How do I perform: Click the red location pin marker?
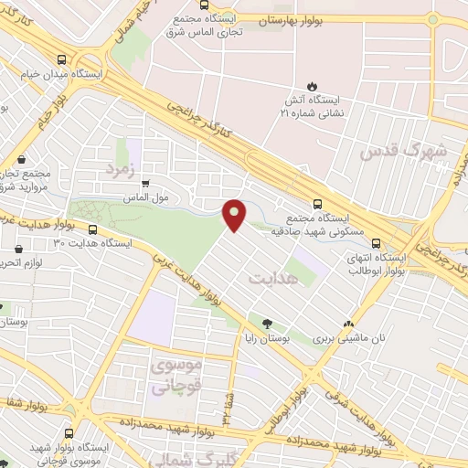(235, 214)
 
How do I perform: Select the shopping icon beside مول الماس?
(144, 184)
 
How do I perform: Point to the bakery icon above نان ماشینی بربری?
(347, 324)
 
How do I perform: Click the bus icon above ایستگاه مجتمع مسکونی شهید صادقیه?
(317, 205)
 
